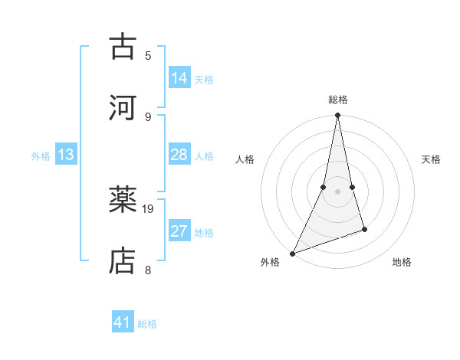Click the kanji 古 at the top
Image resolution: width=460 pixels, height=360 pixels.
point(123,47)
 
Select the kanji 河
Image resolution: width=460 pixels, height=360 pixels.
point(123,108)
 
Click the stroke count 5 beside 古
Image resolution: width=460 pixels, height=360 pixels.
point(148,55)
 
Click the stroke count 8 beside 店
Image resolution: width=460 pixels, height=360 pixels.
point(148,270)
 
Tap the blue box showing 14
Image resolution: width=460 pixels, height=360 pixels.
point(179,78)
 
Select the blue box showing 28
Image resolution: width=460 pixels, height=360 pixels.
point(179,155)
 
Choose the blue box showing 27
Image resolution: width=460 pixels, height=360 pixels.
point(179,231)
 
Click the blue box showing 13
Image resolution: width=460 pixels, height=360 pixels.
point(66,155)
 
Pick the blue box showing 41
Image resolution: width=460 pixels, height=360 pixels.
point(123,322)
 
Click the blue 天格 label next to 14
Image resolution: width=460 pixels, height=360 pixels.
point(204,80)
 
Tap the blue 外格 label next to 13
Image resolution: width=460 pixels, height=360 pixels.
point(41,156)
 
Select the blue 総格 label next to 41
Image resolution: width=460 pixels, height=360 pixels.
point(147,324)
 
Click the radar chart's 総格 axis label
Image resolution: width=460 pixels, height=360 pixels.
point(337,100)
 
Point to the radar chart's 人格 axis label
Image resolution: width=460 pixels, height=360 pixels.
point(245,159)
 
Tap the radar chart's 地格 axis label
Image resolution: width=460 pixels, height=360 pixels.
point(402,263)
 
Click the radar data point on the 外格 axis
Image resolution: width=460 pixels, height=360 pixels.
point(292,254)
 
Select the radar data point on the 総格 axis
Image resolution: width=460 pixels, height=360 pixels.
point(337,115)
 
